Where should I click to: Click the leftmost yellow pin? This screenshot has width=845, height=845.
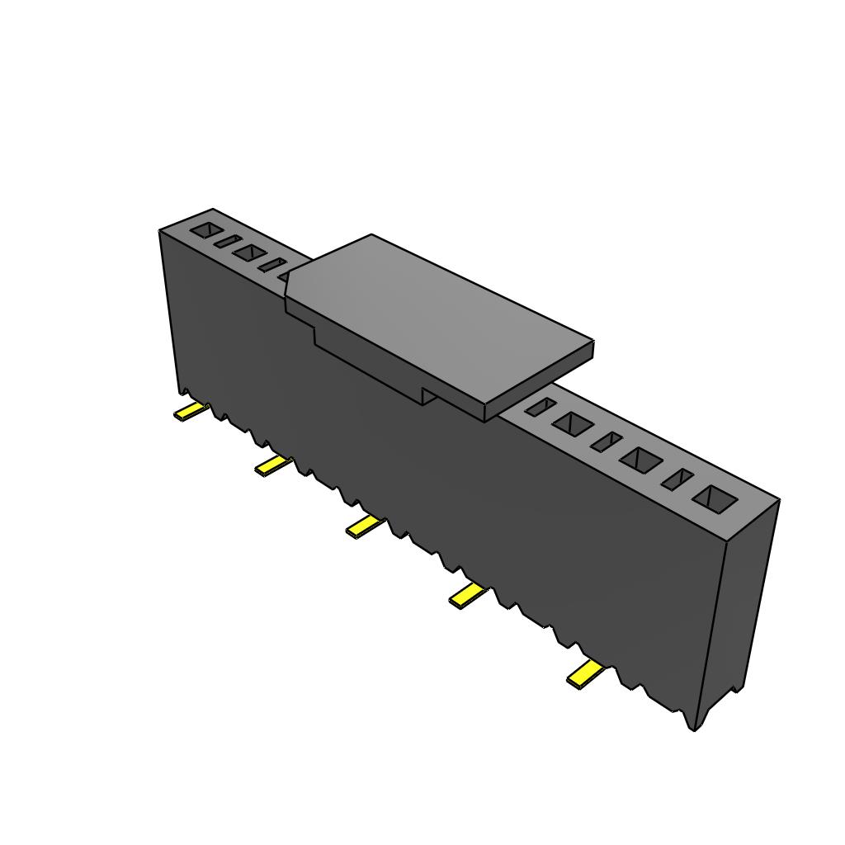click(x=189, y=412)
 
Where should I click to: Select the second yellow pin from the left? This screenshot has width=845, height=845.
click(x=273, y=466)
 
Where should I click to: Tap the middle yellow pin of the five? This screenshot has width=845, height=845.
click(x=365, y=526)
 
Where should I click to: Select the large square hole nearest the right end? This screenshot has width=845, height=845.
click(x=714, y=498)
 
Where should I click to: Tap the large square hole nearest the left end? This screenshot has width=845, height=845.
click(x=206, y=230)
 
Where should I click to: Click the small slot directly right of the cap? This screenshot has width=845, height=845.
click(x=540, y=406)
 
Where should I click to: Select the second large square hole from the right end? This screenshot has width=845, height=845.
click(x=642, y=460)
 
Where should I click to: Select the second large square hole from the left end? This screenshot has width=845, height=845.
click(x=248, y=252)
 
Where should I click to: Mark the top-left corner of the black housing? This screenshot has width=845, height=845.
click(x=160, y=231)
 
